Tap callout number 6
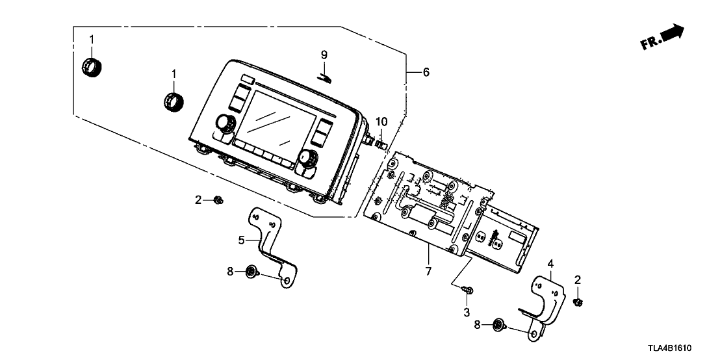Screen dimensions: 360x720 click(426, 72)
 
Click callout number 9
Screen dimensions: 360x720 click(324, 55)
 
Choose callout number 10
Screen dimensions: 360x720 click(381, 122)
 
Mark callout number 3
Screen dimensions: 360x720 click(466, 313)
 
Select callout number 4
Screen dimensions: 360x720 click(550, 264)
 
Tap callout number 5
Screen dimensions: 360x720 click(241, 240)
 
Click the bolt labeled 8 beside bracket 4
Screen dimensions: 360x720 click(498, 324)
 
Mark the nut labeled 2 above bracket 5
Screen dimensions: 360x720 click(219, 201)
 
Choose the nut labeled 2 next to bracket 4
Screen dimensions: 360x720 click(578, 301)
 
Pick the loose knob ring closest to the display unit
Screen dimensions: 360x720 click(174, 102)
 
